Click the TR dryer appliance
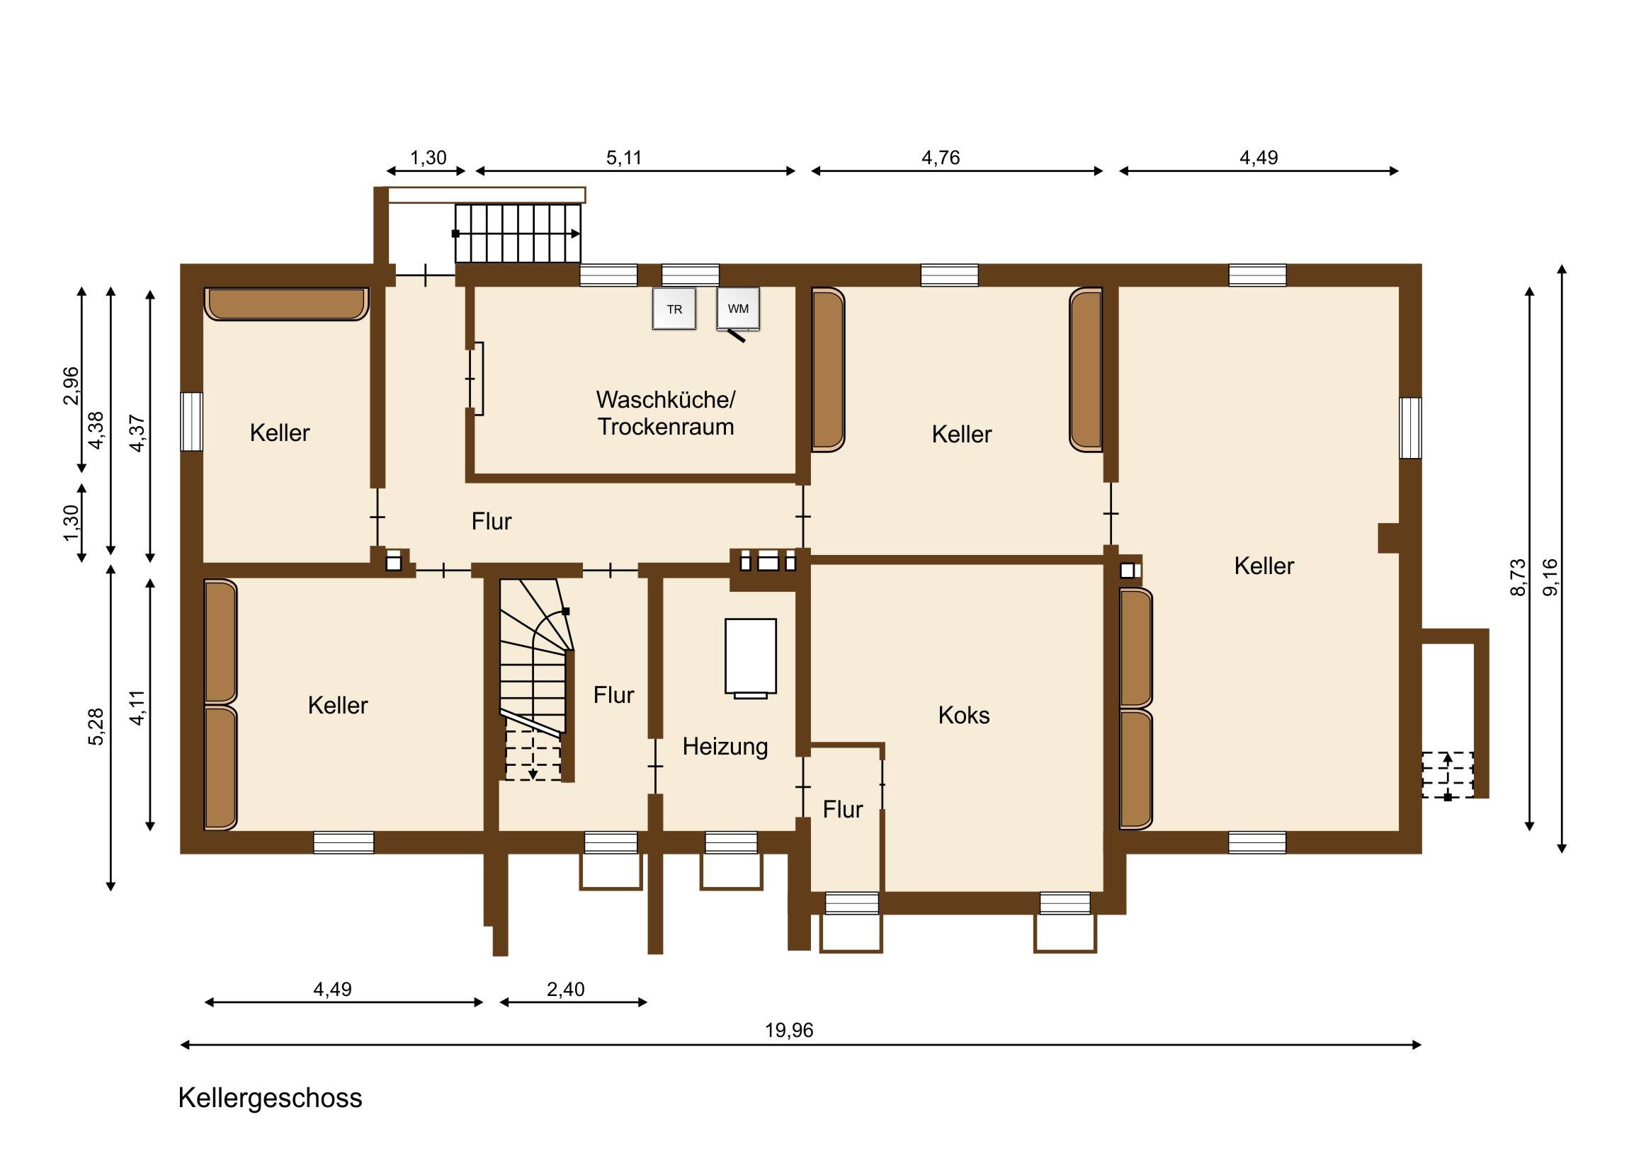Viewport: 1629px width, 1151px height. click(x=674, y=309)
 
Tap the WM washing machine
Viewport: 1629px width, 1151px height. click(x=738, y=309)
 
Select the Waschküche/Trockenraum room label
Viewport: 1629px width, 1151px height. click(x=666, y=413)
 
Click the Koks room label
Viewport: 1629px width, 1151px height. click(x=963, y=715)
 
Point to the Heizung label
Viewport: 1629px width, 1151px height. click(x=725, y=747)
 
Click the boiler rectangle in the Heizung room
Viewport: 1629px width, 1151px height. click(x=751, y=658)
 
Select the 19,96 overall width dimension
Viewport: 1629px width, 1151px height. click(x=789, y=1030)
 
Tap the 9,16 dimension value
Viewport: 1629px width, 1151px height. click(x=1550, y=578)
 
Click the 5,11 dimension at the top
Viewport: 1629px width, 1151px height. click(x=624, y=157)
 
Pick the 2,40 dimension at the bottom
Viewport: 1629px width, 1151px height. click(x=565, y=989)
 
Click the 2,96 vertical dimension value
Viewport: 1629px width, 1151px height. click(x=71, y=386)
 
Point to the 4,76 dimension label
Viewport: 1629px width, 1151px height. click(x=941, y=157)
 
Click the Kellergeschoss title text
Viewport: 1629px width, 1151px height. click(x=271, y=1099)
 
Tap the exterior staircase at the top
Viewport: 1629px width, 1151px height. click(x=518, y=234)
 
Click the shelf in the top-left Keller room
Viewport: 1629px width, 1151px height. click(x=287, y=304)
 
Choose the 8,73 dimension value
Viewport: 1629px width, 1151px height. click(x=1518, y=578)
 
